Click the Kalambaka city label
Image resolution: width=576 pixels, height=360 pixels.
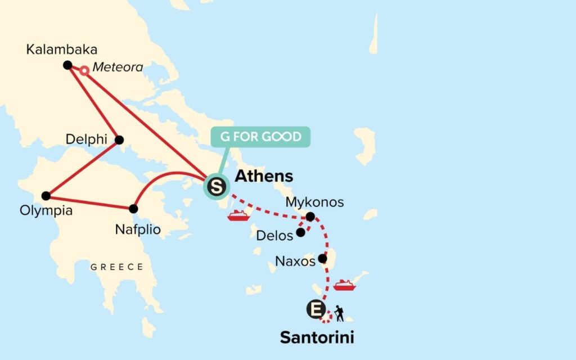point(62,49)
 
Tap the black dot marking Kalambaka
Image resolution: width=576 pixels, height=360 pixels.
point(67,65)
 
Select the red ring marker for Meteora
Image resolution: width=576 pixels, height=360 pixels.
point(84,71)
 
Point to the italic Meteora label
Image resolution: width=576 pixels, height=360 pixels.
point(118,67)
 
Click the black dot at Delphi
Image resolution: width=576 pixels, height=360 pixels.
point(119,140)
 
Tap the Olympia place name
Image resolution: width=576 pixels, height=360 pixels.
point(46,211)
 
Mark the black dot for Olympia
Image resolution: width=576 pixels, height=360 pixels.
point(46,196)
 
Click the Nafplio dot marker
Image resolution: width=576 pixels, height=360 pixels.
point(133,209)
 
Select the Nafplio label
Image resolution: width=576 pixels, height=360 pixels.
point(138,229)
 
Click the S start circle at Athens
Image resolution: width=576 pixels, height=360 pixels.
point(215,186)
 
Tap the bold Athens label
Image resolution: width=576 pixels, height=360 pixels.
point(264,176)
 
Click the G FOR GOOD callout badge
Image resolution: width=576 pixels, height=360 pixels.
point(260,137)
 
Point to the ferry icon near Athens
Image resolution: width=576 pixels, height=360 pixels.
point(237,216)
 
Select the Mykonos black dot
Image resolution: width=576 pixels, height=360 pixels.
point(310,217)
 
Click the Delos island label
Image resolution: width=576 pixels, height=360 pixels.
point(274,236)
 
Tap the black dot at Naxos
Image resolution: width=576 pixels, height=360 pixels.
point(322,259)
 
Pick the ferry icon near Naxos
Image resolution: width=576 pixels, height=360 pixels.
point(344,285)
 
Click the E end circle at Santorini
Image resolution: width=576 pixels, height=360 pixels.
point(316,309)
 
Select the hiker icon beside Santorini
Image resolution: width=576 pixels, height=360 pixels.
point(339,313)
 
